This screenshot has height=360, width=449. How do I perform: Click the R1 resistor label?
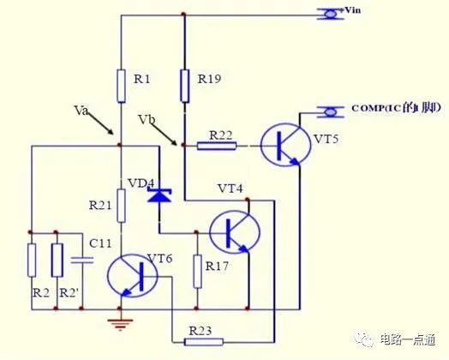tap(142, 80)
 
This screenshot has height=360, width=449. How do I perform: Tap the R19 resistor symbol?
tap(184, 86)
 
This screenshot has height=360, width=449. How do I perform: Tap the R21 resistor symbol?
tap(121, 206)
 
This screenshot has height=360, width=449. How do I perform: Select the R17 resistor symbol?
tap(197, 272)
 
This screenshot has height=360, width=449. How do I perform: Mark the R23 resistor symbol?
tap(206, 342)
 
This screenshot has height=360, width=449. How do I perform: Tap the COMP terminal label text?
tap(395, 109)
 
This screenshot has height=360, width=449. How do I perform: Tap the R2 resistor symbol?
tap(32, 260)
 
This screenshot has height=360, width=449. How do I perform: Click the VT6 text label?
tap(160, 258)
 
